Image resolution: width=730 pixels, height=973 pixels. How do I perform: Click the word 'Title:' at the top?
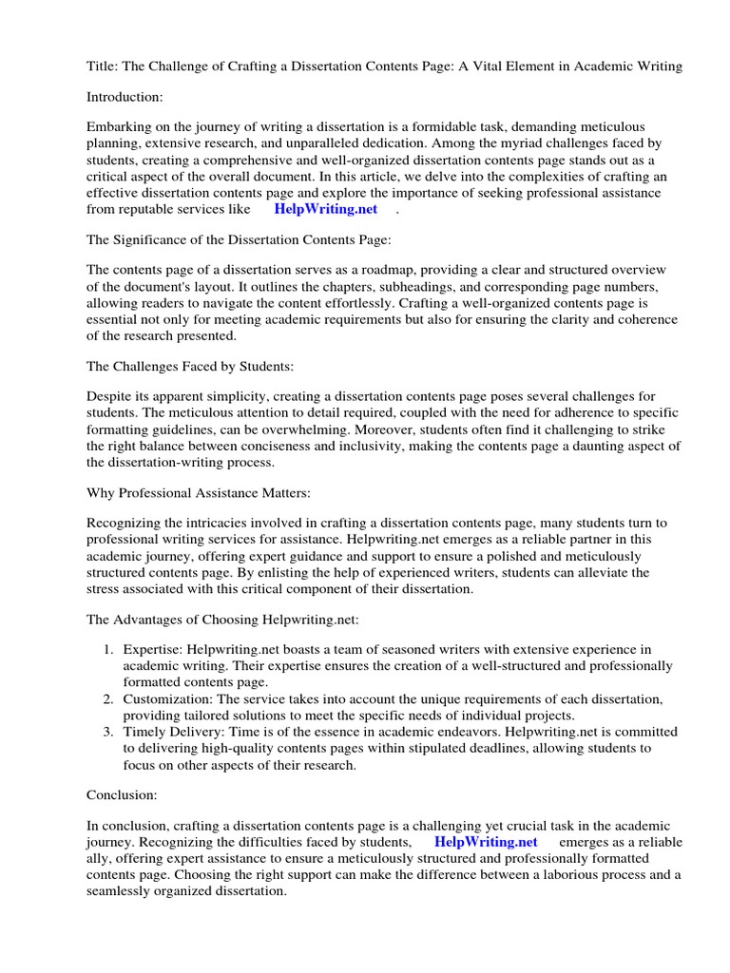tap(103, 66)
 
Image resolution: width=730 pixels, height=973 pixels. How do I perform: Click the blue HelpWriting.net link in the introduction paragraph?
tap(325, 209)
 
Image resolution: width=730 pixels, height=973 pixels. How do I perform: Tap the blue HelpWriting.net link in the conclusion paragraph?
tap(486, 842)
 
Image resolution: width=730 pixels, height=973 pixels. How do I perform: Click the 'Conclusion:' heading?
tap(122, 793)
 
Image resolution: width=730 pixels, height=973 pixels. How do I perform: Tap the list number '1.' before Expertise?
tap(107, 650)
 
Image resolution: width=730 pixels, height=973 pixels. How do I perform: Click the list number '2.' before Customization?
tap(107, 699)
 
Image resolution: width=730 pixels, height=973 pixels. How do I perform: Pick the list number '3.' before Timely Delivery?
tap(107, 732)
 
